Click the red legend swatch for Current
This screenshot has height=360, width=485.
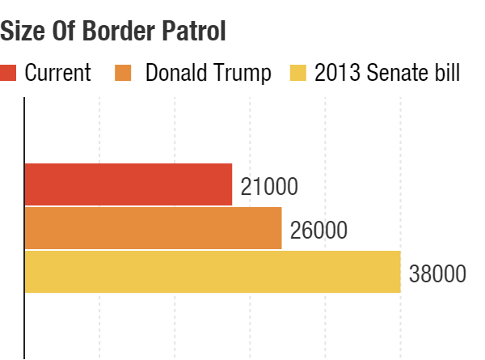(x=9, y=73)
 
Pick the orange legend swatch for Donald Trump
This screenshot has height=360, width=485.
(x=125, y=73)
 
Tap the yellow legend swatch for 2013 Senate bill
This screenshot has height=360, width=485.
(x=297, y=73)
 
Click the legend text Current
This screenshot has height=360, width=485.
(x=57, y=73)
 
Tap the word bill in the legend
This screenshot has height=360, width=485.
(x=445, y=73)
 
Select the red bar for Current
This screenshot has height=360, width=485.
(x=129, y=184)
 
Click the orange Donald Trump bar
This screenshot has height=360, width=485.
(x=154, y=228)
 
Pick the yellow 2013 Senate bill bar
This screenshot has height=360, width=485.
(x=213, y=272)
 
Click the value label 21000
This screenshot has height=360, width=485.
(x=269, y=188)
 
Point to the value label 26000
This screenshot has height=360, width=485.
(x=318, y=231)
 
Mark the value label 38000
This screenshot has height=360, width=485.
(x=437, y=274)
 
